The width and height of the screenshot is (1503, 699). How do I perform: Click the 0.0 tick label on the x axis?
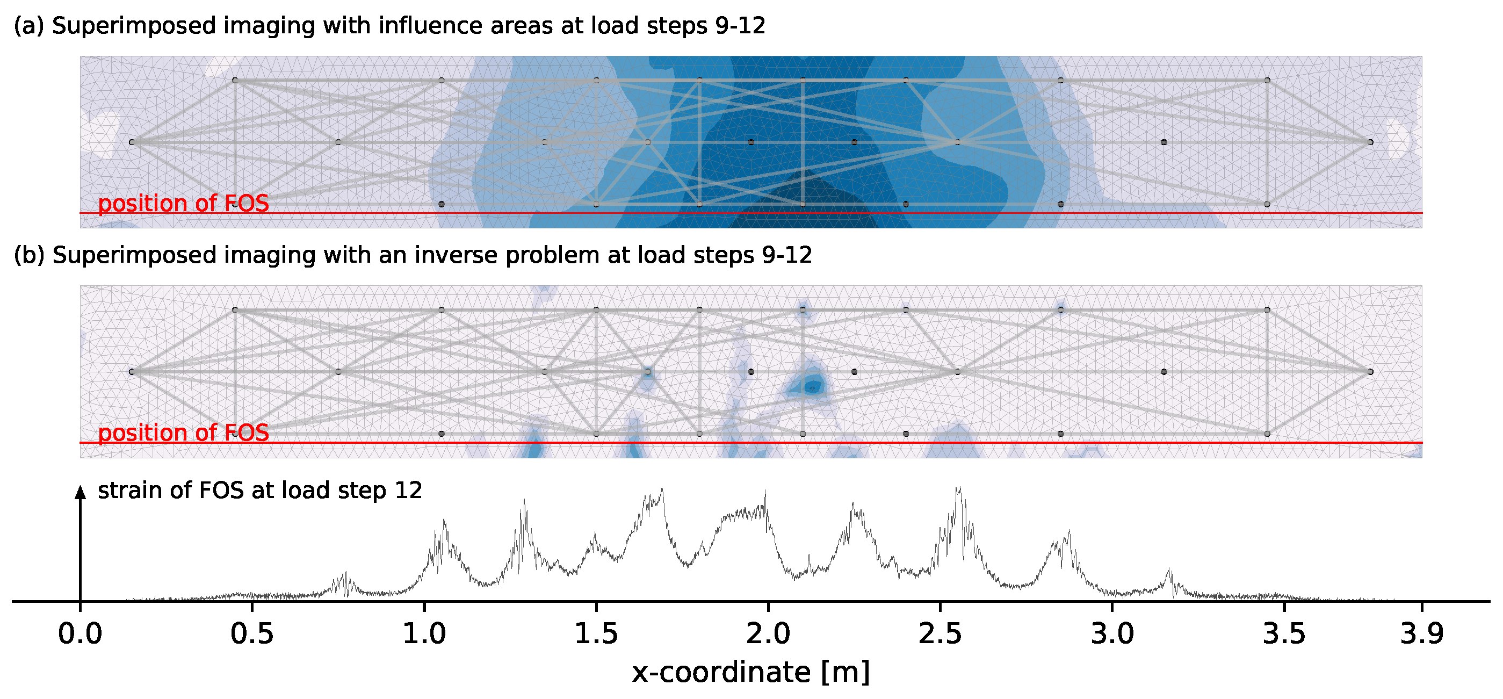click(80, 634)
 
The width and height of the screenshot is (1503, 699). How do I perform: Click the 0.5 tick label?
click(252, 634)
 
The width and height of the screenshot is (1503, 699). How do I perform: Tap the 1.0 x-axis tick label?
click(424, 634)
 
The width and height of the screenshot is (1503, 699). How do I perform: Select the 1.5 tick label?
click(596, 634)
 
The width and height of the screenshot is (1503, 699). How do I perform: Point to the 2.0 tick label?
click(768, 634)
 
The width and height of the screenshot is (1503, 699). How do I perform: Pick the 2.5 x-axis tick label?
click(940, 634)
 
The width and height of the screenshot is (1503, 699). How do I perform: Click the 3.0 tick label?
click(1112, 634)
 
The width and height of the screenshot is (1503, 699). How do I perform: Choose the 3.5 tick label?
click(1284, 634)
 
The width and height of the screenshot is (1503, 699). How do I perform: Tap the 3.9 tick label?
click(1422, 634)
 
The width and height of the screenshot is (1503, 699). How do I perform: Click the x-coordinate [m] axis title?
click(751, 673)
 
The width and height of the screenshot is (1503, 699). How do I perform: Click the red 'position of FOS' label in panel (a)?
click(183, 204)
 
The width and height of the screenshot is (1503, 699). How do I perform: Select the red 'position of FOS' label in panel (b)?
click(183, 433)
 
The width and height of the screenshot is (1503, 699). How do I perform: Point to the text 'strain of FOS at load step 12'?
click(259, 491)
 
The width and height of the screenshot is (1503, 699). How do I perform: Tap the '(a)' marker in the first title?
click(28, 26)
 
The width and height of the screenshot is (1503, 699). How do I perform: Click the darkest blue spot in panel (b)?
click(812, 386)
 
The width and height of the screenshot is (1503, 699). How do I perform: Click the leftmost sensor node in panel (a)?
click(132, 142)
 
